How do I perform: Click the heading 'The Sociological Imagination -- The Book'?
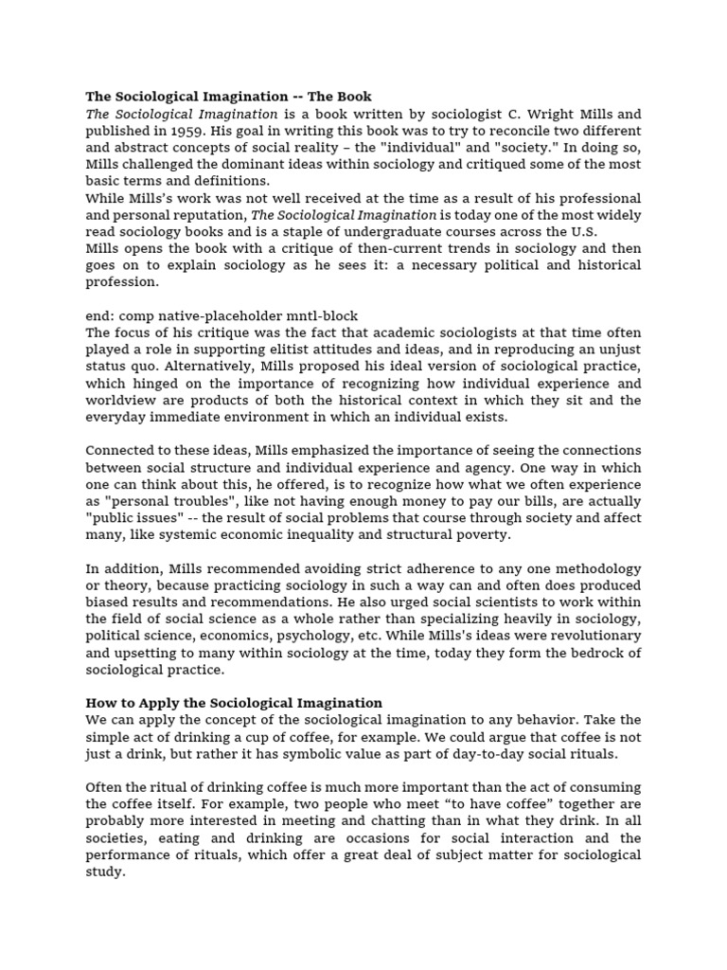click(x=228, y=97)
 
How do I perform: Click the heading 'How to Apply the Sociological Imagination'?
click(x=234, y=703)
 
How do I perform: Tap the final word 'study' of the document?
click(x=104, y=871)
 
